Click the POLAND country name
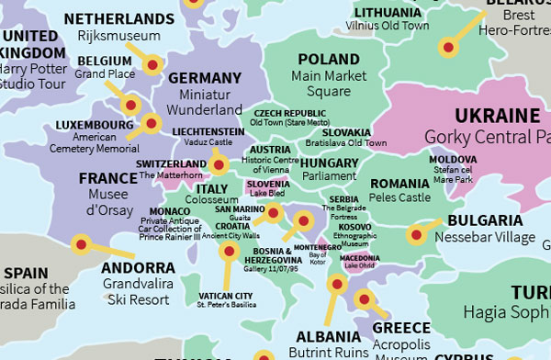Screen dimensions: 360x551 point(329,60)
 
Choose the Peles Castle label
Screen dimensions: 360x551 point(399,197)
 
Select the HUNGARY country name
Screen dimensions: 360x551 point(329,163)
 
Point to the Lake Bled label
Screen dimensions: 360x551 point(270,194)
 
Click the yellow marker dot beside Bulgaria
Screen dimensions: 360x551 point(415,235)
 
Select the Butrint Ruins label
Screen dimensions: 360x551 point(328,353)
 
